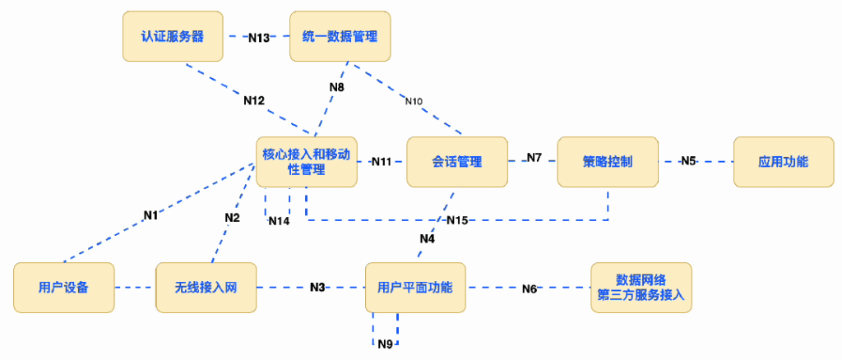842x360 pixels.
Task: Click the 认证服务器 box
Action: coord(173,36)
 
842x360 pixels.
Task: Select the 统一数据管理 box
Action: coord(340,36)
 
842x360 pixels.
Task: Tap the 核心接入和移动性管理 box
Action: coord(306,161)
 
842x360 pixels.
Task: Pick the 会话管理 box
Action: coord(456,161)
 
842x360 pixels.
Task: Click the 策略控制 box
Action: coord(608,161)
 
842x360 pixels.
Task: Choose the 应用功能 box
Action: coord(783,161)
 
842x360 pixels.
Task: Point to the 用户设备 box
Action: coord(63,288)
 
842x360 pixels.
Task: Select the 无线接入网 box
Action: coord(206,288)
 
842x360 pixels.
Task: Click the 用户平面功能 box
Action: coord(415,288)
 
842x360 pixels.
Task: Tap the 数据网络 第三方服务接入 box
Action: coord(641,288)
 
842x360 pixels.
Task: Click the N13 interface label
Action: coord(259,37)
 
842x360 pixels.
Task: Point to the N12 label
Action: coord(254,100)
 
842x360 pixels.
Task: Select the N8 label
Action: coord(336,86)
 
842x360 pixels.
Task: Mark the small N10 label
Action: coord(414,101)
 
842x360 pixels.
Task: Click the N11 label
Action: coord(382,161)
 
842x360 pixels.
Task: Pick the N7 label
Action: coord(534,157)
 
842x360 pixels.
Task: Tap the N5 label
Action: coord(688,161)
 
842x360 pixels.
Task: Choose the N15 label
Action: coord(457,220)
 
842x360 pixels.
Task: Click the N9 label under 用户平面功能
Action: coord(386,343)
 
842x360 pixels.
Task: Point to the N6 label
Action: coord(530,288)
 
